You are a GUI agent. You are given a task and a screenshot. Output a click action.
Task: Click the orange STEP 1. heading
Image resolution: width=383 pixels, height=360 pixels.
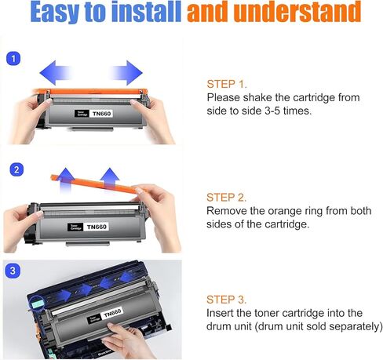228,83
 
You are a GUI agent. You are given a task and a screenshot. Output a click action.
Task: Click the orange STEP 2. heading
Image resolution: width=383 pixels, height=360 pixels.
228,197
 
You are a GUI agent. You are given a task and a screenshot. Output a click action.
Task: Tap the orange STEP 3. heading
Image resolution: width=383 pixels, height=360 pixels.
228,299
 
